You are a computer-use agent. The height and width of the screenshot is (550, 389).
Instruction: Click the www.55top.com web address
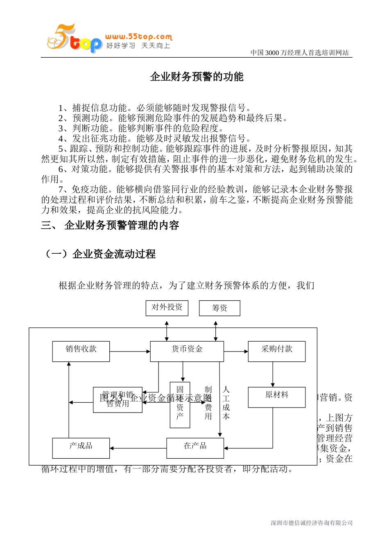point(138,37)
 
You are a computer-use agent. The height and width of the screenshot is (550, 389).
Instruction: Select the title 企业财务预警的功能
point(197,77)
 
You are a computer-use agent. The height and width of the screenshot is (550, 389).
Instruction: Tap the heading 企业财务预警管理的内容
point(122,225)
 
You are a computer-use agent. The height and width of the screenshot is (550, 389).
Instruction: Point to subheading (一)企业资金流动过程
point(100,254)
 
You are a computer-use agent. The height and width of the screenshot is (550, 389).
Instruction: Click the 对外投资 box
point(167,308)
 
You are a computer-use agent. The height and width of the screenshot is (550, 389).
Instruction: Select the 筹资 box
point(219,308)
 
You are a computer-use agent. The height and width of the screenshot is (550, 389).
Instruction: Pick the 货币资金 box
point(187,351)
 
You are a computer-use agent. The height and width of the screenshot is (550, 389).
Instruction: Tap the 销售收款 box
point(81,351)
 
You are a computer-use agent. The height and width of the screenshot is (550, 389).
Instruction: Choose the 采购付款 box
point(277,351)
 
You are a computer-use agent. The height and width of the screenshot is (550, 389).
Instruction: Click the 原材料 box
point(277,397)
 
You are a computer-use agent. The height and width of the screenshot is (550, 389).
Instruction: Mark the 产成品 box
point(81,448)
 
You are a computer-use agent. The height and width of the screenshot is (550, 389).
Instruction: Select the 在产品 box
point(195,448)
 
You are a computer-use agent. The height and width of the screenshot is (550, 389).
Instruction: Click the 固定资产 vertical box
point(180,405)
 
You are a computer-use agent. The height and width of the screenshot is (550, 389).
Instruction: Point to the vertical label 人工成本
point(226,403)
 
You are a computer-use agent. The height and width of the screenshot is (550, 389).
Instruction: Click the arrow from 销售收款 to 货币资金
point(130,351)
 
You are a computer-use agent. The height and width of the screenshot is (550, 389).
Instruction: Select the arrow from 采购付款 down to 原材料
point(273,374)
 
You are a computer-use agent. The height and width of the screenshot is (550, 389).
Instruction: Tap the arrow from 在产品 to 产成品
point(138,448)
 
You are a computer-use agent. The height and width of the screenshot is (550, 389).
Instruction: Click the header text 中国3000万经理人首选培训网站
point(300,52)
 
